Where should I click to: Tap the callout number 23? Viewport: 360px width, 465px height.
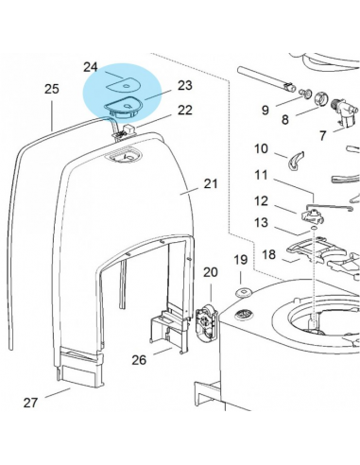(x=184, y=85)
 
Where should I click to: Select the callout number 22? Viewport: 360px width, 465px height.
(x=184, y=110)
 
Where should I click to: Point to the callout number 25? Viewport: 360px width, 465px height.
(x=52, y=89)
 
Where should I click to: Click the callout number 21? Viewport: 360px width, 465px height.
(x=210, y=183)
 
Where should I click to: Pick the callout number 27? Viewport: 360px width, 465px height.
(x=30, y=403)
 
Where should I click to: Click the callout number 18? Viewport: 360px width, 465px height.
(x=268, y=254)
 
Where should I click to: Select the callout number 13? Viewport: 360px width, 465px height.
(x=262, y=222)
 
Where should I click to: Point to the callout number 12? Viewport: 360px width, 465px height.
(x=262, y=199)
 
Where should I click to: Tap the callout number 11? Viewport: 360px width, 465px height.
(x=262, y=175)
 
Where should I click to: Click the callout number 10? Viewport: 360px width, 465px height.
(x=262, y=148)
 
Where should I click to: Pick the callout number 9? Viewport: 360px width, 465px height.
(x=266, y=111)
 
